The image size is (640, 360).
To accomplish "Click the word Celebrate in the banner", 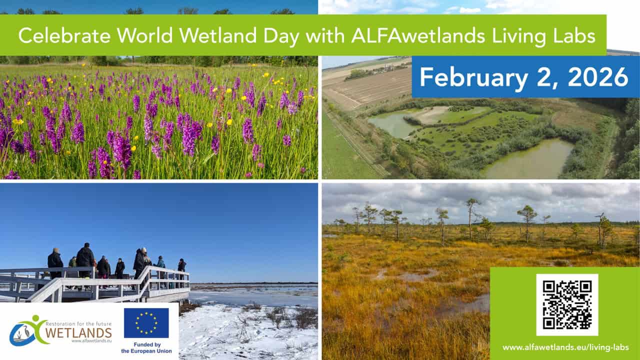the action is coord(64,35).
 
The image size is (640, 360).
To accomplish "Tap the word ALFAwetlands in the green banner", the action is coord(418,35).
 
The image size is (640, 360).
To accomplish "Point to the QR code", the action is coord(567,305).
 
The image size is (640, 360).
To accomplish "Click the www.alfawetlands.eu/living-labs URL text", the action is coord(565,347).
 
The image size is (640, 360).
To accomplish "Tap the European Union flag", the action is coord(146,323).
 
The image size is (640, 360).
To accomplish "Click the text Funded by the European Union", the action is coord(146,347).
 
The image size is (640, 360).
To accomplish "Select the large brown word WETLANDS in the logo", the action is coord(78,333).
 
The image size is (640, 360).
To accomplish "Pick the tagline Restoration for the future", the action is coord(78,323).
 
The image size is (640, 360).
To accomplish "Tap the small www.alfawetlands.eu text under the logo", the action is coord(91,341).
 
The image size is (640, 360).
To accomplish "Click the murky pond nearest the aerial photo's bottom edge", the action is coord(528,160).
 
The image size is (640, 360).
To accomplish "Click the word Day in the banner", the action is coord(281,37).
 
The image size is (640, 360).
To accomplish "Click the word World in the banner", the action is coord(145,35).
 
